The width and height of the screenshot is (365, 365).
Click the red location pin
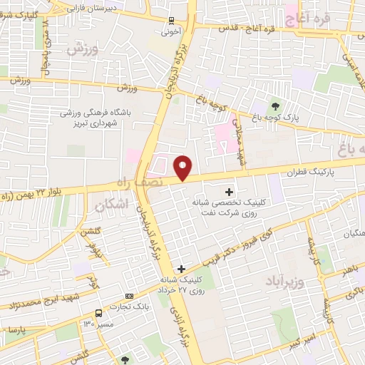[183, 168]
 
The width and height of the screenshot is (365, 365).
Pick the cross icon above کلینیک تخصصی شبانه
[229, 192]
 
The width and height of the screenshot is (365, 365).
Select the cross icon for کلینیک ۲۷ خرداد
[182, 269]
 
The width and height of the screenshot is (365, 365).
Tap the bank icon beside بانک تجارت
[129, 296]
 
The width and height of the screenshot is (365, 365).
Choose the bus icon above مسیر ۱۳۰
[98, 312]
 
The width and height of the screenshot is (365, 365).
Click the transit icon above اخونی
[170, 21]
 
